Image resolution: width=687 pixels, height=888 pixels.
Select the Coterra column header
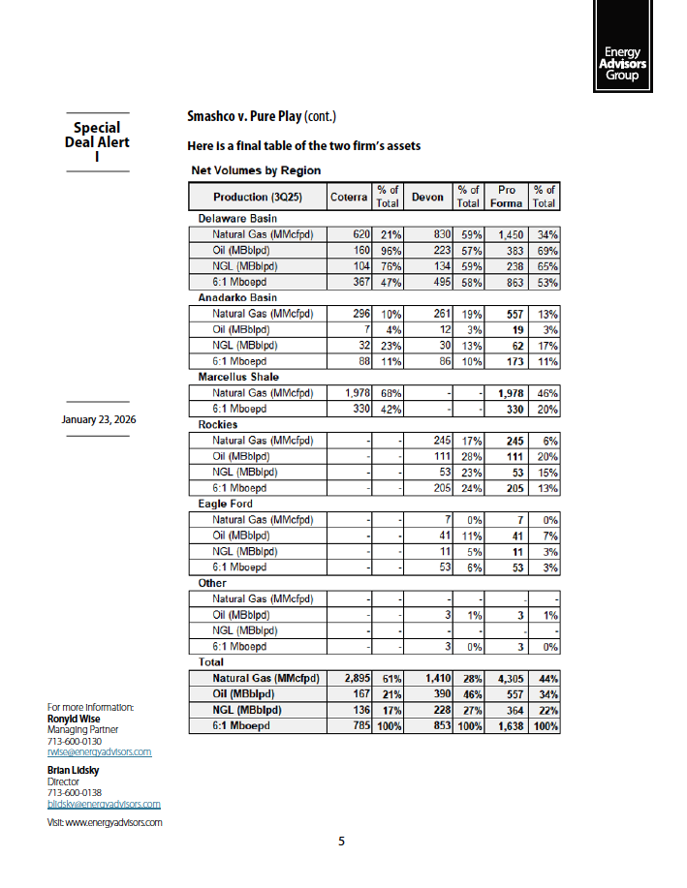pyautogui.click(x=348, y=197)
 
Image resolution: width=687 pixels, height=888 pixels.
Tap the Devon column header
pyautogui.click(x=427, y=197)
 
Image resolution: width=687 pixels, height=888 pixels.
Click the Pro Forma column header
pyautogui.click(x=507, y=197)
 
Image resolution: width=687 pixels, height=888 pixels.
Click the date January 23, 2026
pyautogui.click(x=97, y=419)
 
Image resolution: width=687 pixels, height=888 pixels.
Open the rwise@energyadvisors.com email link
pyautogui.click(x=100, y=751)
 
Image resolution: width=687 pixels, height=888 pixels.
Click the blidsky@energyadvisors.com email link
pyautogui.click(x=104, y=804)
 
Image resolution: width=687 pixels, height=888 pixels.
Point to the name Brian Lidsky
pyautogui.click(x=74, y=770)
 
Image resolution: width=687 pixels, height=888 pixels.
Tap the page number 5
pyautogui.click(x=341, y=842)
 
